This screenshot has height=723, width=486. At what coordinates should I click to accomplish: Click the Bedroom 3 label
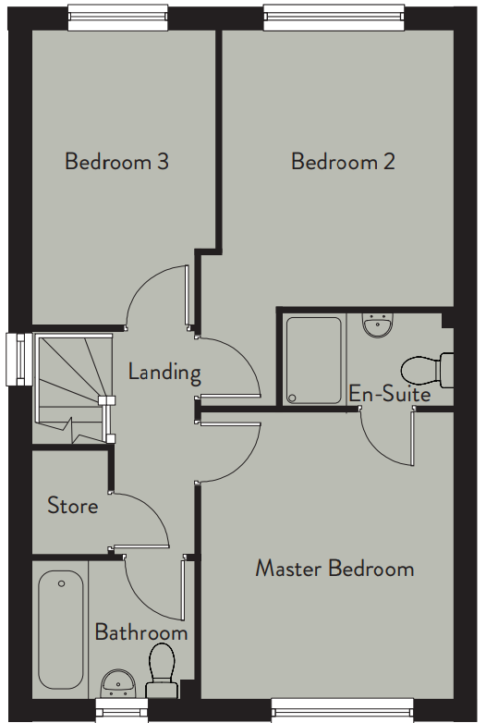tap(116, 162)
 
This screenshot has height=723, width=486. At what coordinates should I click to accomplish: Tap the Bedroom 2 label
tap(343, 162)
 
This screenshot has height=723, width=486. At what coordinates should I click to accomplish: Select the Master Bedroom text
tap(334, 568)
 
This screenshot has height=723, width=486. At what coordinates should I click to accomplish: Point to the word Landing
tap(164, 373)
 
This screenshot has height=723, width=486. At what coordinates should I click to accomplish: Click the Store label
tap(73, 506)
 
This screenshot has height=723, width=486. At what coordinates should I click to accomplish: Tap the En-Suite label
tap(390, 394)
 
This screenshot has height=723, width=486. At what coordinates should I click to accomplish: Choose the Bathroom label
tap(141, 631)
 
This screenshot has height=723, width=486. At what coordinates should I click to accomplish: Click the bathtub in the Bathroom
tap(61, 630)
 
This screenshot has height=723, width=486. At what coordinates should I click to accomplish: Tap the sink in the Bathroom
tap(118, 683)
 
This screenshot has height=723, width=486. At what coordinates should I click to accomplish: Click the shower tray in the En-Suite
tap(314, 361)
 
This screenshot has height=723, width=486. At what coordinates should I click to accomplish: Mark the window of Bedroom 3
tap(118, 18)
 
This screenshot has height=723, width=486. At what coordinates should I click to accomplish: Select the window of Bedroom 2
tap(334, 18)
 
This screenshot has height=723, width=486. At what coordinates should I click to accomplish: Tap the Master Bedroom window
tap(343, 710)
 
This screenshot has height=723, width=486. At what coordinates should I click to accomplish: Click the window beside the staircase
tap(18, 360)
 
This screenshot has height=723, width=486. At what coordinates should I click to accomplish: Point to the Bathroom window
tap(122, 710)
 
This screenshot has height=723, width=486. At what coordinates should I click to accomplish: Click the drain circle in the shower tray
tap(291, 398)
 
